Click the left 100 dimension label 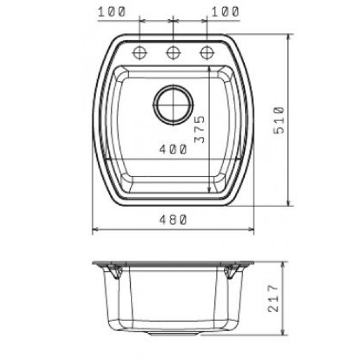pyautogui.click(x=112, y=12)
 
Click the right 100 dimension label pyautogui.click(x=225, y=12)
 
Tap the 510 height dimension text pyautogui.click(x=279, y=120)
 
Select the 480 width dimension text pyautogui.click(x=173, y=220)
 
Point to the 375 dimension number pyautogui.click(x=199, y=129)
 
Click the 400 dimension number pyautogui.click(x=173, y=149)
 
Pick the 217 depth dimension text pyautogui.click(x=273, y=298)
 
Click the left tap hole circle pyautogui.click(x=140, y=53)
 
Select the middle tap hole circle pyautogui.click(x=173, y=53)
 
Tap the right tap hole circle pyautogui.click(x=206, y=53)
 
